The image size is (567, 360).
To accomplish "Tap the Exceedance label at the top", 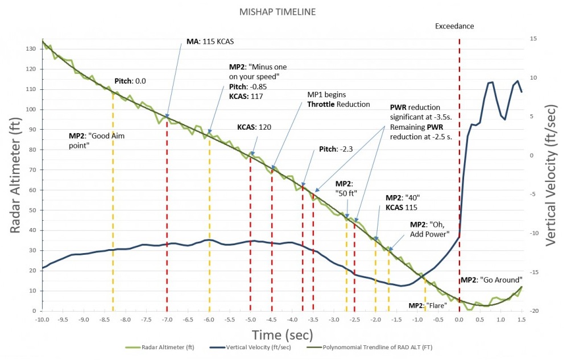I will [454, 26].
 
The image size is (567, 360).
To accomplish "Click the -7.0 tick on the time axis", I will [167, 320].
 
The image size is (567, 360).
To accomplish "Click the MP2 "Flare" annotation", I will [428, 305].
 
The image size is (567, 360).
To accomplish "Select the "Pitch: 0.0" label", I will [130, 81].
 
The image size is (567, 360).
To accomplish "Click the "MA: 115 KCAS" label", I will [210, 42].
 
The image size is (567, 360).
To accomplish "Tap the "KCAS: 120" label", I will [254, 127].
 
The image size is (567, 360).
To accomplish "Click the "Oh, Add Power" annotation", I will [430, 229].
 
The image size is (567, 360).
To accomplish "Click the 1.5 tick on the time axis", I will [522, 320].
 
